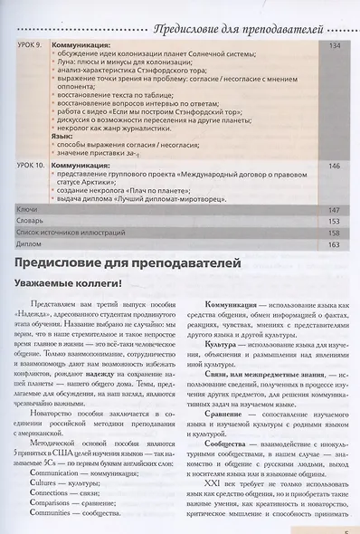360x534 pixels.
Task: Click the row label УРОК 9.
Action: (33, 43)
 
